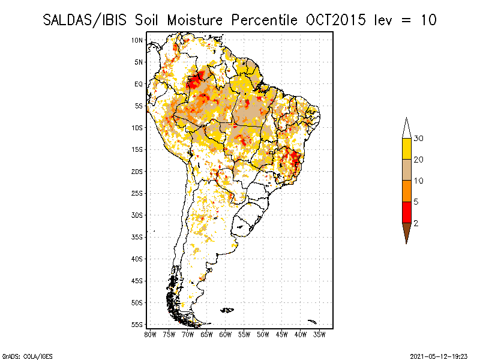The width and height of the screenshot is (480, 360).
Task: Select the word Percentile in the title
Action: [x=263, y=20]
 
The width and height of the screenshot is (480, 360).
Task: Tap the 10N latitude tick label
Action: [x=137, y=40]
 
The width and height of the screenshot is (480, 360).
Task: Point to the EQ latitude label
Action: [x=139, y=84]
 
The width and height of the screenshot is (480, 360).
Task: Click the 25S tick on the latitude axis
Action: [x=137, y=193]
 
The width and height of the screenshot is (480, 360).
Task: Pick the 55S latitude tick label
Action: [x=137, y=324]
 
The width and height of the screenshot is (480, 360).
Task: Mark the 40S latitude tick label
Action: [x=137, y=259]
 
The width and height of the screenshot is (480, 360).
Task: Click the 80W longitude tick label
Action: [x=151, y=334]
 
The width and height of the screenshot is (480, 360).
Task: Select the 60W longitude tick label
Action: [x=226, y=334]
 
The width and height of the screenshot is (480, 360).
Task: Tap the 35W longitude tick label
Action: [x=319, y=334]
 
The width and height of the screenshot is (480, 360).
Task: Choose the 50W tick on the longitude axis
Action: [x=263, y=334]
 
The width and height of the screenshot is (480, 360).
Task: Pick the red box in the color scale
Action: [x=406, y=212]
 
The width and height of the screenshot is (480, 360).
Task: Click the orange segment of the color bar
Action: [x=406, y=191]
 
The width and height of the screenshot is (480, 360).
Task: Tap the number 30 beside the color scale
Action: [x=419, y=139]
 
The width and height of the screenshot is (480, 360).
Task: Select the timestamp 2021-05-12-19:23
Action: [x=439, y=355]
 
